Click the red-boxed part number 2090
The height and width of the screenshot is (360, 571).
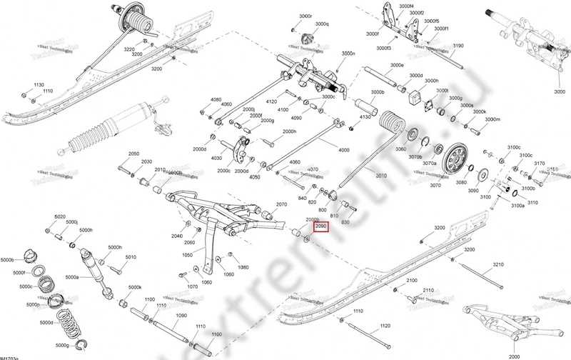(321, 226)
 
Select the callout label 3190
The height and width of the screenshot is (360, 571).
(459, 46)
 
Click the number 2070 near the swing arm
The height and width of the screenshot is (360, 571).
(281, 204)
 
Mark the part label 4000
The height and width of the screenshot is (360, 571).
(344, 150)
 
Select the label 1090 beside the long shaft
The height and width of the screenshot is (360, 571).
(181, 315)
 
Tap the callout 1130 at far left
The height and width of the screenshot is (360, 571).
(39, 84)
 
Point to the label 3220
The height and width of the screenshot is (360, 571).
(129, 49)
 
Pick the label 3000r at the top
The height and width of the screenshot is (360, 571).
(306, 16)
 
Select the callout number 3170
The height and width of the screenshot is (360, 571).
(539, 164)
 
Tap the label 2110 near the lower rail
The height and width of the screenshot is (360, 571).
(428, 290)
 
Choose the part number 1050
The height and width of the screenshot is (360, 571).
(188, 254)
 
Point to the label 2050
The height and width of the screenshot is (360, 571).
(133, 154)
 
